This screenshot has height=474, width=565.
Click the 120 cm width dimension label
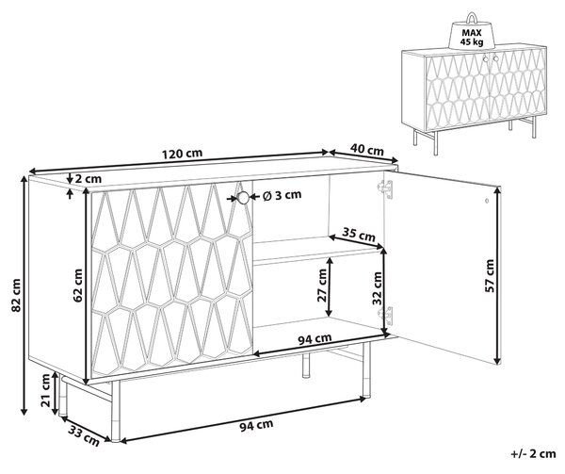pyautogui.click(x=182, y=154)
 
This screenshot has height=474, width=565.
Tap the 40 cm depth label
pyautogui.click(x=367, y=150)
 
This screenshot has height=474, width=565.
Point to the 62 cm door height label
pyautogui.click(x=78, y=286)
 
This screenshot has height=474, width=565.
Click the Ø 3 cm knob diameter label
pyautogui.click(x=282, y=195)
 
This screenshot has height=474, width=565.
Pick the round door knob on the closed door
pyautogui.click(x=243, y=198)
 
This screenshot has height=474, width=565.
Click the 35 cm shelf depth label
pyautogui.click(x=359, y=235)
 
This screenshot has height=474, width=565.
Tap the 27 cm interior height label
pyautogui.click(x=322, y=286)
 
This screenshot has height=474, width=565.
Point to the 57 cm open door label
pyautogui.click(x=490, y=276)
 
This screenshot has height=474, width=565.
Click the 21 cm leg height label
pyautogui.click(x=46, y=390)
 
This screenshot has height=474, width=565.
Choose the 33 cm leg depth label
pyautogui.click(x=84, y=434)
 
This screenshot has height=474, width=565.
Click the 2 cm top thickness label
pyautogui.click(x=89, y=178)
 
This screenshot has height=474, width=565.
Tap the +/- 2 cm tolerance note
pyautogui.click(x=533, y=453)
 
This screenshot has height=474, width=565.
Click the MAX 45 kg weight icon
pyautogui.click(x=472, y=33)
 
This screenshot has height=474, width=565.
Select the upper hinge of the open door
pyautogui.click(x=385, y=188)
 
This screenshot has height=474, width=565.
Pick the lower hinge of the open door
pyautogui.click(x=385, y=316)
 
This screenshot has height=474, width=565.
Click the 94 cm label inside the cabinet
pyautogui.click(x=315, y=338)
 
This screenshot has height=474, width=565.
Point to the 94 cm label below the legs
pyautogui.click(x=256, y=425)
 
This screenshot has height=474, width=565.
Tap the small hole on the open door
pyautogui.click(x=487, y=200)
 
